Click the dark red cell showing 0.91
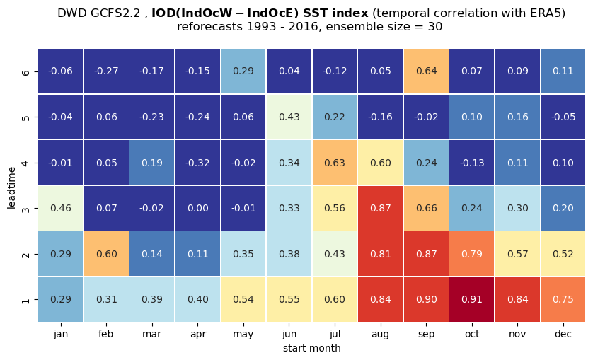pos(471,299)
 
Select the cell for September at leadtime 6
pos(426,71)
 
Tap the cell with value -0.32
pos(198,163)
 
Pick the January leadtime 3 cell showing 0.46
pos(61,208)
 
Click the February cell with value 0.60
pos(106,254)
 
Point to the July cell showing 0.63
pos(335,163)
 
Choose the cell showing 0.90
pos(426,299)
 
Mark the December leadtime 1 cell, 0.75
pos(563,299)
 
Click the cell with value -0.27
pos(106,71)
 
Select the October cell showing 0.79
pos(471,254)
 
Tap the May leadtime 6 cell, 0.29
pos(243,71)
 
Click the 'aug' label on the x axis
pos(381,335)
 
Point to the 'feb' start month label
pos(106,334)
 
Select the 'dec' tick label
pos(563,334)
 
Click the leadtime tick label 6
pos(25,71)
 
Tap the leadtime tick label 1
pos(25,300)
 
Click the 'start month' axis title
pos(312,348)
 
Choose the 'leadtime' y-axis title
pos(11,187)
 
